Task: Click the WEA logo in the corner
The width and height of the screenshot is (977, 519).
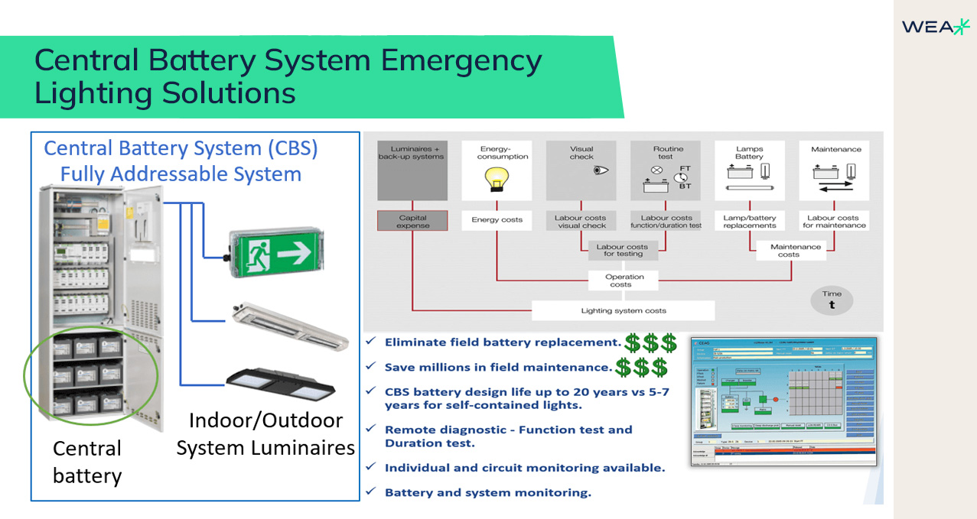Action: pyautogui.click(x=935, y=27)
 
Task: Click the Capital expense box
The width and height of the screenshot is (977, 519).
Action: pyautogui.click(x=412, y=222)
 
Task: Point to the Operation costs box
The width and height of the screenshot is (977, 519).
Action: pyautogui.click(x=620, y=281)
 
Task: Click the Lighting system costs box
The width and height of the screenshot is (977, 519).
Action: pyautogui.click(x=623, y=311)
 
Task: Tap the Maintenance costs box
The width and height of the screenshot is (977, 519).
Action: pyautogui.click(x=795, y=251)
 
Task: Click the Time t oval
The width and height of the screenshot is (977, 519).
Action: pyautogui.click(x=832, y=300)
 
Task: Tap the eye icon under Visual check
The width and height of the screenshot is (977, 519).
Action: pyautogui.click(x=599, y=170)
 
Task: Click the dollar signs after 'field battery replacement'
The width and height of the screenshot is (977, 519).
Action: pyautogui.click(x=650, y=342)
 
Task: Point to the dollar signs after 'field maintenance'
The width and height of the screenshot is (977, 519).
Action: pyautogui.click(x=641, y=368)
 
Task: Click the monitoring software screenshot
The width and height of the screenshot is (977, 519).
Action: pyautogui.click(x=783, y=401)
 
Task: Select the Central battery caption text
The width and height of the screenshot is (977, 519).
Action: pyautogui.click(x=86, y=462)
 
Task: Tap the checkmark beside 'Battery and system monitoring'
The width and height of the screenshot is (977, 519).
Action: pyautogui.click(x=371, y=491)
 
